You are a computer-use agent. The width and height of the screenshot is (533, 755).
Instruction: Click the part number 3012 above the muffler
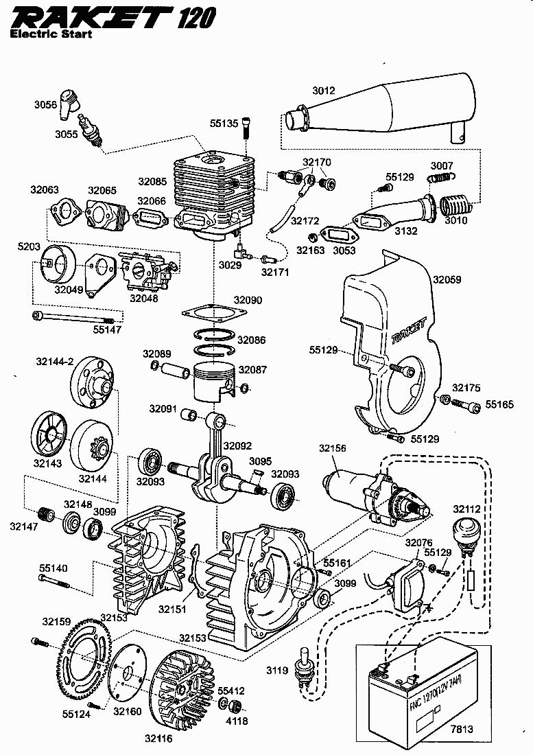pyautogui.click(x=324, y=91)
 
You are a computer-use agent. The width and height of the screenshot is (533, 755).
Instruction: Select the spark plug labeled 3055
pyautogui.click(x=91, y=130)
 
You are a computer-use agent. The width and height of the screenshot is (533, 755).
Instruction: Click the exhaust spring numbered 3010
pyautogui.click(x=453, y=205)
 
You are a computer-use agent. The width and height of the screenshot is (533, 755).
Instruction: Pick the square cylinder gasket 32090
pyautogui.click(x=214, y=314)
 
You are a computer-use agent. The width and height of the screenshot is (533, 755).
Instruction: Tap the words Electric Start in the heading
pyautogui.click(x=51, y=33)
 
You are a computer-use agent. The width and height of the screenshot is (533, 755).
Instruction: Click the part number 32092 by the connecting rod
pyautogui.click(x=237, y=445)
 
